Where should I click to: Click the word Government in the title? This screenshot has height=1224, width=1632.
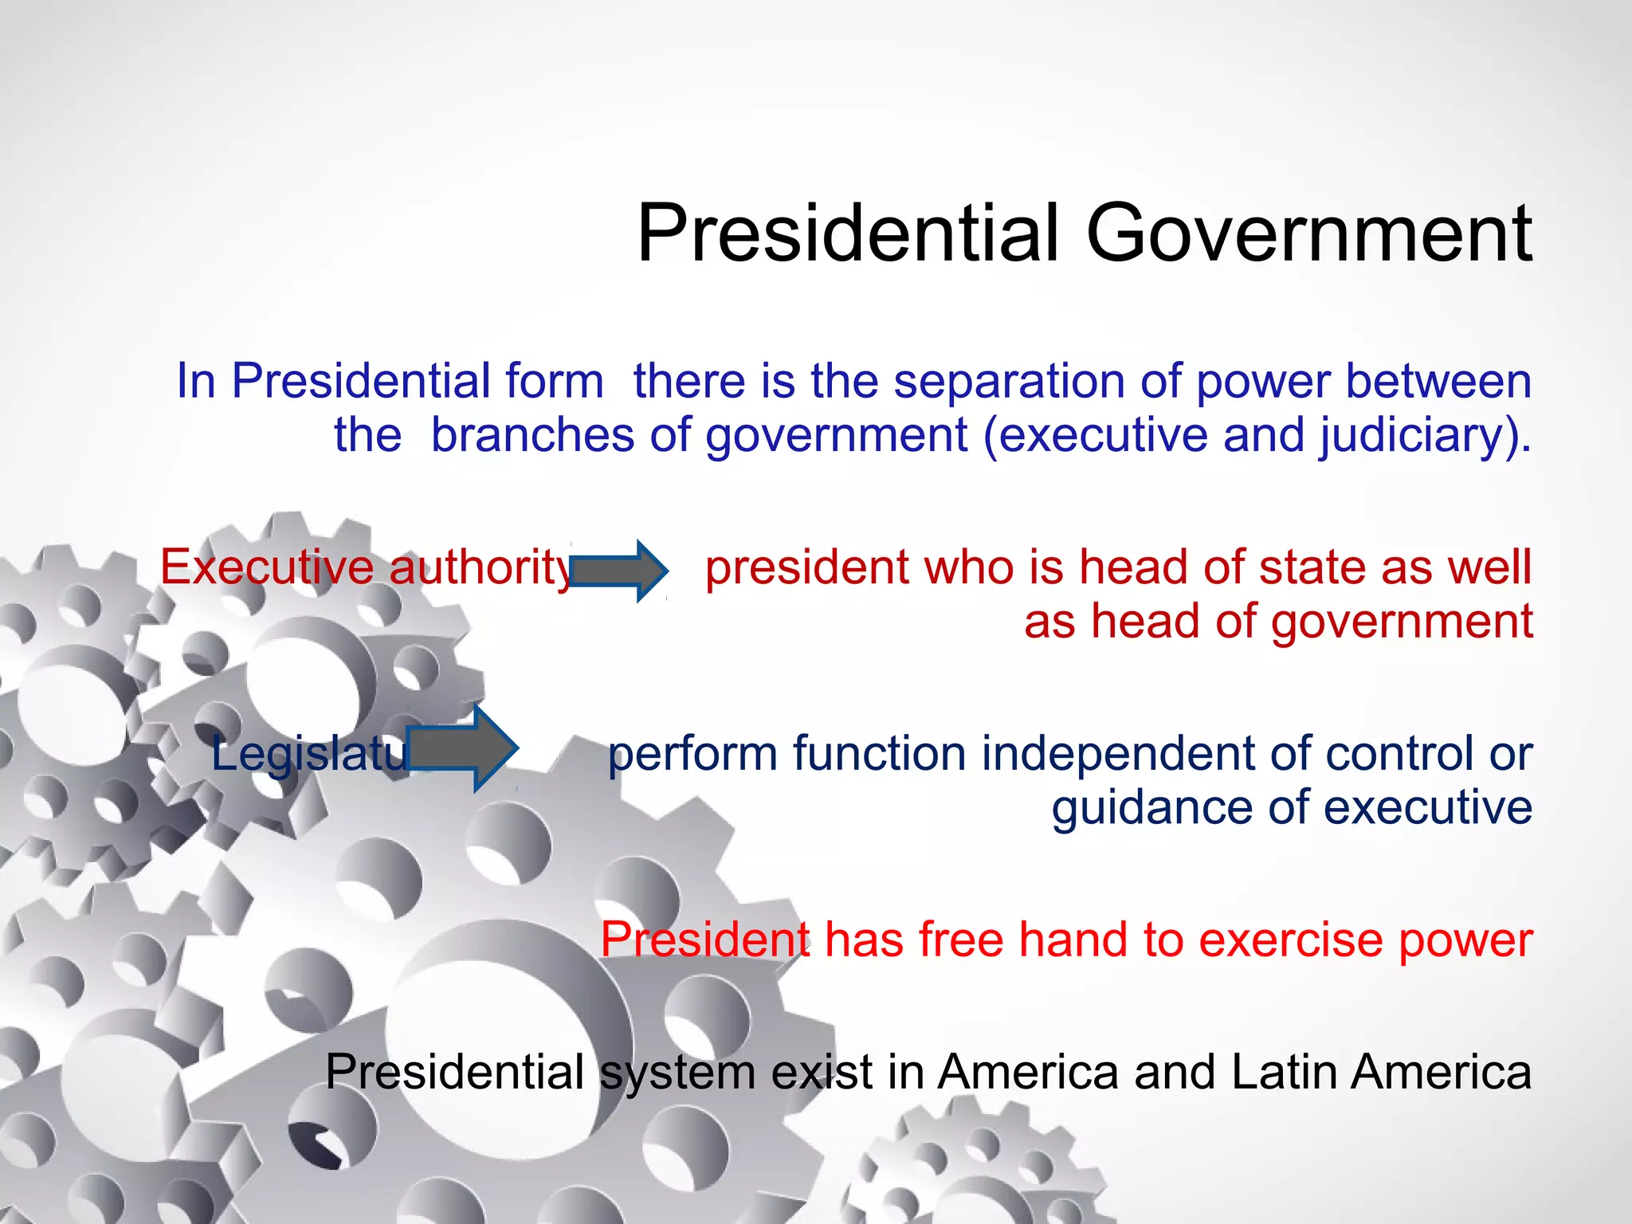1308,233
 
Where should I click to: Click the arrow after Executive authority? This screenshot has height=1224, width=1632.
618,571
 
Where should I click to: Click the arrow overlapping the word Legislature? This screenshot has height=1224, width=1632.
462,749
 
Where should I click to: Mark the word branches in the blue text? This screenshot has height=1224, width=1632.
533,436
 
